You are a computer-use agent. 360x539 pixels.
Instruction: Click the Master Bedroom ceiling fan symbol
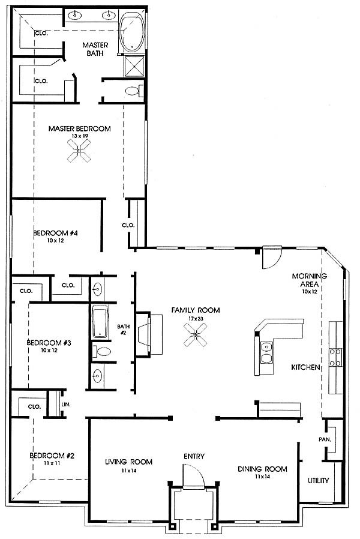pyautogui.click(x=79, y=151)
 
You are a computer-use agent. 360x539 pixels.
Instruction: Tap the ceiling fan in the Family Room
pyautogui.click(x=196, y=334)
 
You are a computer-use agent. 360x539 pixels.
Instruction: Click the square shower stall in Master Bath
pyautogui.click(x=133, y=67)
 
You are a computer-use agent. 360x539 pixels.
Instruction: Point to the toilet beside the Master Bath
pyautogui.click(x=134, y=91)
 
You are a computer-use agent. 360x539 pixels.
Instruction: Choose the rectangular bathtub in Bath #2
pyautogui.click(x=100, y=323)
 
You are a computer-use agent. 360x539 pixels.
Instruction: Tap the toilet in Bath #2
pyautogui.click(x=101, y=351)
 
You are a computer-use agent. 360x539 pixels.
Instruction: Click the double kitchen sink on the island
pyautogui.click(x=266, y=353)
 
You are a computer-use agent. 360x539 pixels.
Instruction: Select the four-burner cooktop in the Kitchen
pyautogui.click(x=335, y=358)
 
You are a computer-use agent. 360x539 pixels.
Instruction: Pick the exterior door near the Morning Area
pyautogui.click(x=272, y=257)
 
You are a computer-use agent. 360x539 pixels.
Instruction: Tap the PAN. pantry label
pyautogui.click(x=325, y=439)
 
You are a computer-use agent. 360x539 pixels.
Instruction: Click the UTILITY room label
pyautogui.click(x=318, y=480)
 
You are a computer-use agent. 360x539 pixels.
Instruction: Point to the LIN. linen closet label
pyautogui.click(x=66, y=405)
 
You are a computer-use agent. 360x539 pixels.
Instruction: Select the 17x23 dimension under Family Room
pyautogui.click(x=196, y=318)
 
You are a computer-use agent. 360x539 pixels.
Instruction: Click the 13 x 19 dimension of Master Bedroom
pyautogui.click(x=79, y=136)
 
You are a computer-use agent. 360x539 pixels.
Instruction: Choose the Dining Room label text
pyautogui.click(x=262, y=469)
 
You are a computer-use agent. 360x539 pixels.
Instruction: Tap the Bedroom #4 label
pyautogui.click(x=55, y=233)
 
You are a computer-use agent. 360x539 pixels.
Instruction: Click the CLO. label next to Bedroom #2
pyautogui.click(x=34, y=407)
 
